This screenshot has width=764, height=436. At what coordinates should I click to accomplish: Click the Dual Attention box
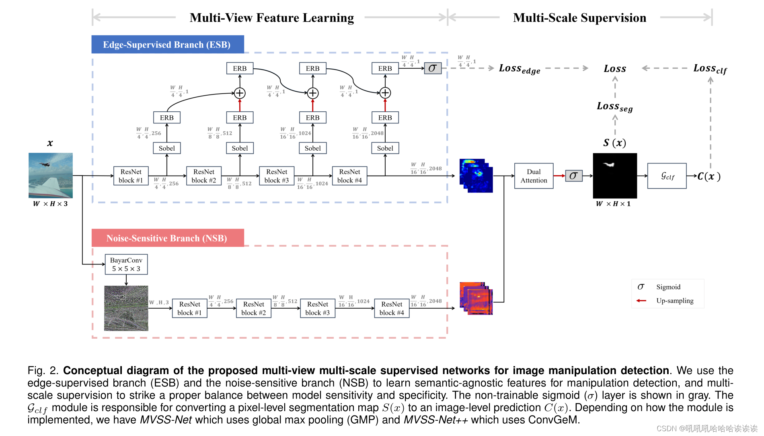point(534,176)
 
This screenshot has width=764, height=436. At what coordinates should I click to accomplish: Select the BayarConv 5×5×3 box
point(126,264)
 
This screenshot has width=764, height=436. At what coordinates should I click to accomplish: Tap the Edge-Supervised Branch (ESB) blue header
point(167,45)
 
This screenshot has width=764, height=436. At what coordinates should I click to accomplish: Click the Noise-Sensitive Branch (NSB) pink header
point(167,238)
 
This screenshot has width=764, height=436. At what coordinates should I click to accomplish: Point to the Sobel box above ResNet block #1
point(167,148)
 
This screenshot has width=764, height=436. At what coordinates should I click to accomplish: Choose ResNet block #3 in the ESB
point(277,176)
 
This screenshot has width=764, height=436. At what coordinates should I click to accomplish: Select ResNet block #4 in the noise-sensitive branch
point(392,309)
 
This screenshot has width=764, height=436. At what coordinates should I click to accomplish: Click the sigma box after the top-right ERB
point(433,68)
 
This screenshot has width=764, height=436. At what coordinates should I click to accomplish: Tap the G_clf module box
point(667,176)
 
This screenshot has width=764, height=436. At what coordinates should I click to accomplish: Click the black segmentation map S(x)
point(615,176)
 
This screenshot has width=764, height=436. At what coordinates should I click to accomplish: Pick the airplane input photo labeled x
point(51,175)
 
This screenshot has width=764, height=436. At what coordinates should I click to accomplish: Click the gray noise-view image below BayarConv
point(126,308)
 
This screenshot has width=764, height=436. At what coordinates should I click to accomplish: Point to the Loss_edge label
point(519,69)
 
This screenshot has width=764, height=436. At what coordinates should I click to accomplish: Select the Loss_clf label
point(710,69)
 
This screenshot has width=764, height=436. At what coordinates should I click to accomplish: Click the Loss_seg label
point(614,107)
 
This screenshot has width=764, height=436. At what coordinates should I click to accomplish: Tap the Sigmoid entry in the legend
point(668,287)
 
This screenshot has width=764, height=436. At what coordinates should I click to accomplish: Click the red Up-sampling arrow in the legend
point(641,301)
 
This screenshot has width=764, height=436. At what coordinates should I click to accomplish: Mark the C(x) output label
point(709,176)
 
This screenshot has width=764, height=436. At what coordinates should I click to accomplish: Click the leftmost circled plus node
point(240,93)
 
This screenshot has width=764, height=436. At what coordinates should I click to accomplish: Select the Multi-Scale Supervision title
point(579,18)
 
